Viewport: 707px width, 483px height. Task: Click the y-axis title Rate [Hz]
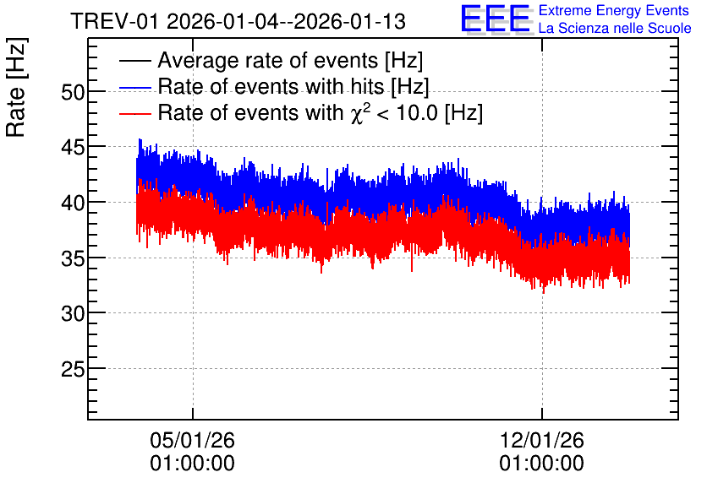(x=16, y=87)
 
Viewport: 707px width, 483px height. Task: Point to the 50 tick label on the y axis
(x=73, y=92)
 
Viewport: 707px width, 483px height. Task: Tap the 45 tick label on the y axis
(x=73, y=147)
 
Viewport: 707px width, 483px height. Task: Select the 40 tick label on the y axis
(x=73, y=203)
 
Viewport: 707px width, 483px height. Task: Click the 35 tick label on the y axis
(x=73, y=258)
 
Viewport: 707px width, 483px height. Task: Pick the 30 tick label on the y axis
(x=73, y=314)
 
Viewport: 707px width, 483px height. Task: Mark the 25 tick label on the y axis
(x=73, y=370)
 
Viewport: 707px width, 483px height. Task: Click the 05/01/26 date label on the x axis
(x=193, y=440)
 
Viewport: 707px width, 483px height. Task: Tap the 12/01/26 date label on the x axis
(x=541, y=440)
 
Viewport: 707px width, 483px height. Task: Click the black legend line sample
(x=134, y=60)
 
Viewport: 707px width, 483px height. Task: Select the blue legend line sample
(x=134, y=87)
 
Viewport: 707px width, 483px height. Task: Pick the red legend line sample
(x=134, y=113)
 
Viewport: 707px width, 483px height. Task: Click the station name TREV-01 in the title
(x=115, y=22)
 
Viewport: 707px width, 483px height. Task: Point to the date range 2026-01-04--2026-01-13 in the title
(x=287, y=22)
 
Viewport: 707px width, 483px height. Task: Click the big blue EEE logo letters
(x=496, y=19)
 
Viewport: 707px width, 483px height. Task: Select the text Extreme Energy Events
(x=614, y=10)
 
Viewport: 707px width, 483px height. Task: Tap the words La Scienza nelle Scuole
(x=615, y=28)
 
